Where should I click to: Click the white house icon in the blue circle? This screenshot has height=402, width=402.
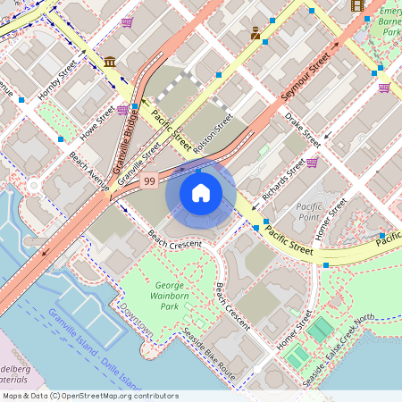click(x=201, y=192)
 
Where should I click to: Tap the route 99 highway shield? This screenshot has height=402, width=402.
click(x=150, y=181)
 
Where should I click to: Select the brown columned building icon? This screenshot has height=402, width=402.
click(x=109, y=61)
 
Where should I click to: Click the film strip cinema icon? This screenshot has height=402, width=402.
click(x=358, y=6)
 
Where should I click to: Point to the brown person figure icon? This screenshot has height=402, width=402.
click(x=256, y=34)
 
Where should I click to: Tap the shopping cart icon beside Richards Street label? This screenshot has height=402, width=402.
click(x=312, y=163)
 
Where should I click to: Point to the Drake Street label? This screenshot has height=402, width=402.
click(x=303, y=130)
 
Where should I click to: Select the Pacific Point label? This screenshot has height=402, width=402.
click(x=308, y=211)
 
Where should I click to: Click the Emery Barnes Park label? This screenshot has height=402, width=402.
click(x=389, y=20)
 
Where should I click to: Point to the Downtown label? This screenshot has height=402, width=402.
click(x=137, y=326)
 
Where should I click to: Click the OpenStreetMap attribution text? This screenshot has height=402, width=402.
click(x=89, y=395)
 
